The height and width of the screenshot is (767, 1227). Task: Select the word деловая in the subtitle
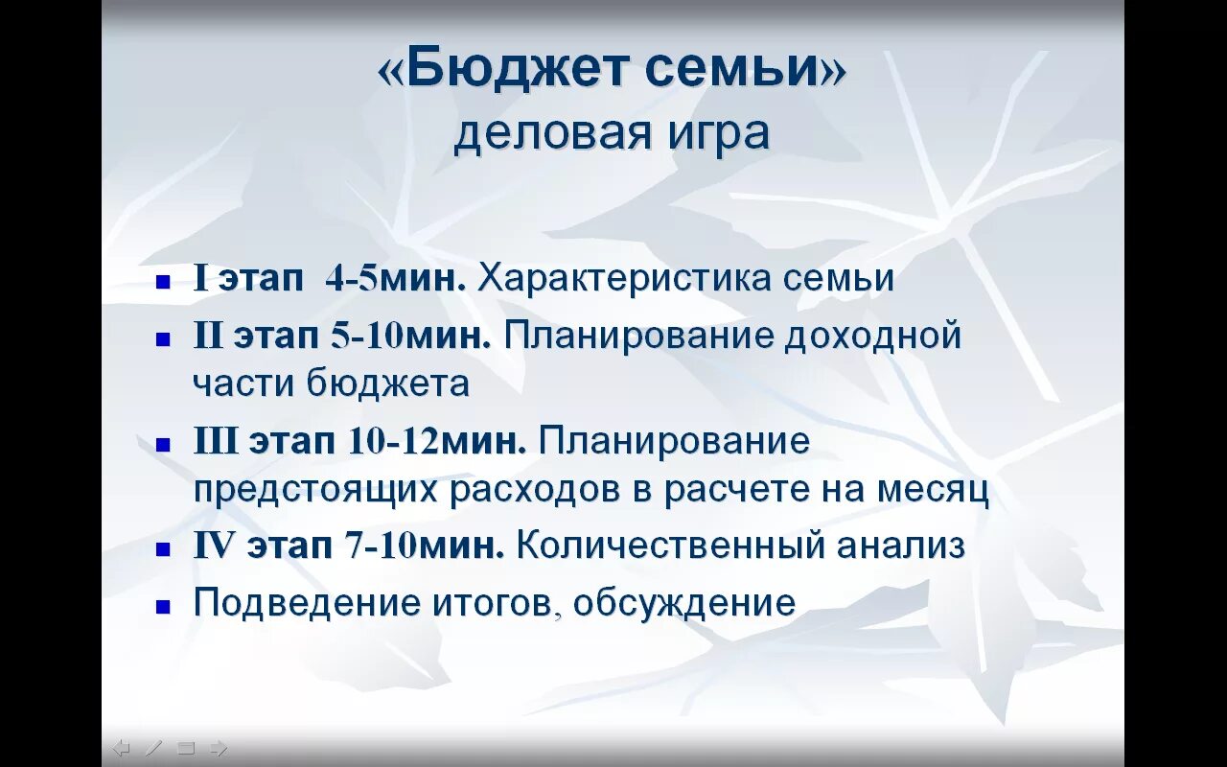coord(542,134)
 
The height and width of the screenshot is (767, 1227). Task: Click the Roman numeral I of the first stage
coord(200,279)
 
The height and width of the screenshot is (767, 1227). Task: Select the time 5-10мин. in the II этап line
coord(410,336)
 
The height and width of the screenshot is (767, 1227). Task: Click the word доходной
coord(873,336)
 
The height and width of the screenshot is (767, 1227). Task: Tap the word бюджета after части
coord(388,383)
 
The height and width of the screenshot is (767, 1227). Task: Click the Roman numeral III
coord(216,442)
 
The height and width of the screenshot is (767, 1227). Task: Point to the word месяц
coord(933,490)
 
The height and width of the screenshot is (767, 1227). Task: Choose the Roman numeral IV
coord(213,546)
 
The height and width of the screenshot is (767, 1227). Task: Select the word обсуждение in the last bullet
coord(684,603)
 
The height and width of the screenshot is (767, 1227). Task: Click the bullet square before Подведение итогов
coord(164,606)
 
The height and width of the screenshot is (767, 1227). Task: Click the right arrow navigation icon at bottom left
coord(218,748)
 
